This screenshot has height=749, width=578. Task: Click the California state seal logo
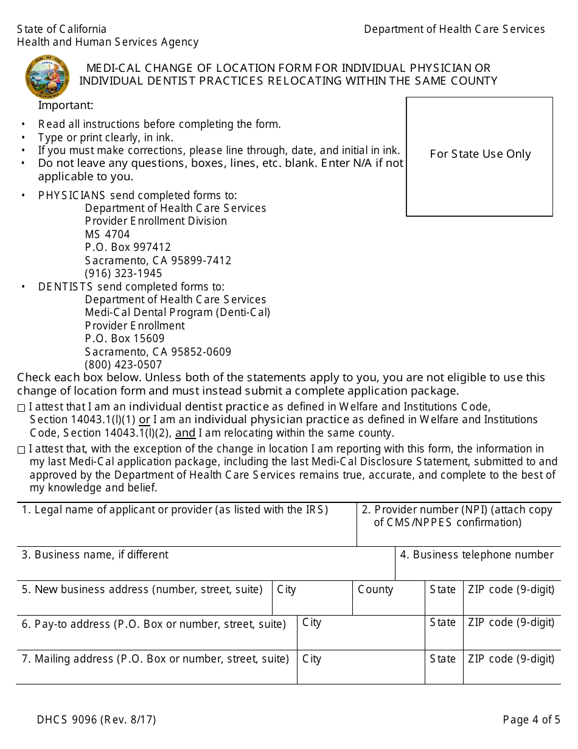click(x=47, y=78)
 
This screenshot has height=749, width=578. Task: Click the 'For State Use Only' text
click(x=480, y=154)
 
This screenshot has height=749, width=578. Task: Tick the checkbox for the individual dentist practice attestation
click(x=21, y=407)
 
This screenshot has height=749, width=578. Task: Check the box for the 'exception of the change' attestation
click(x=21, y=450)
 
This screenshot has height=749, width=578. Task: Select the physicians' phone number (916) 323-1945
click(x=124, y=273)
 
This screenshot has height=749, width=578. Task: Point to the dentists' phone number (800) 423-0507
click(x=124, y=365)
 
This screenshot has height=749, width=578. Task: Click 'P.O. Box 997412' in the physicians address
click(x=128, y=247)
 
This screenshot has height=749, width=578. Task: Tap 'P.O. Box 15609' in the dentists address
click(x=125, y=339)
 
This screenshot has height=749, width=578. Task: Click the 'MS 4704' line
click(x=107, y=234)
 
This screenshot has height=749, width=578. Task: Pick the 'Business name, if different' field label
click(x=96, y=555)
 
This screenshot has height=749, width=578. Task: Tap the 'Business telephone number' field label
click(x=477, y=555)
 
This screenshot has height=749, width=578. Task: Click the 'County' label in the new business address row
click(x=375, y=589)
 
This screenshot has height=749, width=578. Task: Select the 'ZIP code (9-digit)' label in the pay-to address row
click(x=511, y=622)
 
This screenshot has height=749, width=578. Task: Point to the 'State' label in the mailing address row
click(x=442, y=659)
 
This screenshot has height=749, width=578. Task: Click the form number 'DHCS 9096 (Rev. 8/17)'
click(x=96, y=720)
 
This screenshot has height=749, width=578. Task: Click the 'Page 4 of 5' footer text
click(x=531, y=720)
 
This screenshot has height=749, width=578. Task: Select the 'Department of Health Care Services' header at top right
click(x=454, y=29)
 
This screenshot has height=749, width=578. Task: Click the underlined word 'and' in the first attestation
click(x=186, y=434)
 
